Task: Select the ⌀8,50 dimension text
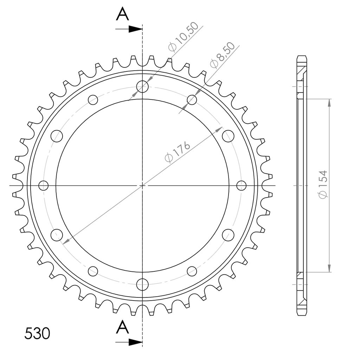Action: coord(223,55)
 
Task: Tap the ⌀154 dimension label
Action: coord(323,184)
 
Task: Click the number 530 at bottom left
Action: coord(37,333)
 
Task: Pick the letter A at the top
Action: coord(122,14)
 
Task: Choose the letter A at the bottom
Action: coord(122,327)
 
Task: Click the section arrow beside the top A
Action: coord(129,29)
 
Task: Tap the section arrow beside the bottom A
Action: coord(129,342)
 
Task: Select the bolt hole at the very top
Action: coord(142,86)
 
